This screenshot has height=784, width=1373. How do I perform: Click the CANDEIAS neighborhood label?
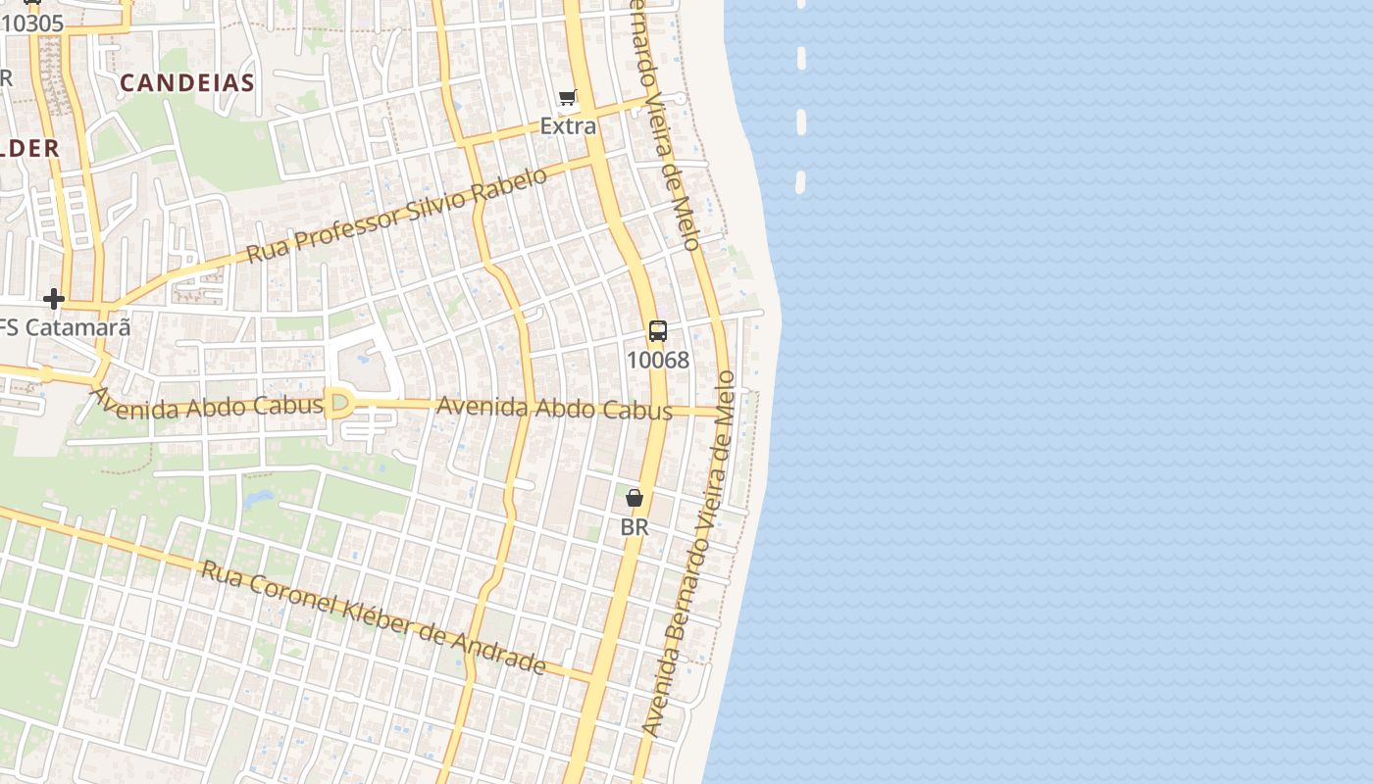186,83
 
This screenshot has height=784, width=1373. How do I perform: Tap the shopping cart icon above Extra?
567,97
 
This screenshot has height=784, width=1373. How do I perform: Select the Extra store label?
568,125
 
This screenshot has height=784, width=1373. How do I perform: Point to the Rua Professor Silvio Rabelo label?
396,216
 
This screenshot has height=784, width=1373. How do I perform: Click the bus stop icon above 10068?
657,331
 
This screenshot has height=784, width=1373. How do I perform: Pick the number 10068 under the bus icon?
657,360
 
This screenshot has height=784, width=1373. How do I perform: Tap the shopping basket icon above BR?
635,499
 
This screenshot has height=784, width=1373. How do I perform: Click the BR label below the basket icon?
635,526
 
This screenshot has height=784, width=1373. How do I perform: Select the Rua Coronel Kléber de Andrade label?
373,617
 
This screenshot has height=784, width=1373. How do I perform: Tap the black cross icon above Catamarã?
54,298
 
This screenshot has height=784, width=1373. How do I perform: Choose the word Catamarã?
76,327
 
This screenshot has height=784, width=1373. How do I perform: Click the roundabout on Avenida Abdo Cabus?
340,403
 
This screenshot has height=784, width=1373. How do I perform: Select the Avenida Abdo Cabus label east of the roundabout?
554,408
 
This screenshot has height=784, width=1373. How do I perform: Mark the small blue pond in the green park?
259,499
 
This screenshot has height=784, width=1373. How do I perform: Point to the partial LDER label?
29,148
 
